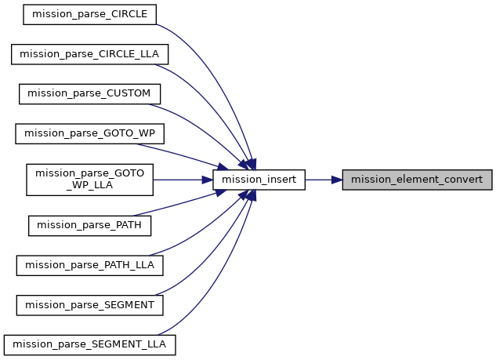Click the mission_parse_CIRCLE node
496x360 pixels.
pos(91,14)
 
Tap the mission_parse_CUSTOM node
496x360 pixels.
pos(90,94)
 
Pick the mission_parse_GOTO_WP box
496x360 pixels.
pos(89,133)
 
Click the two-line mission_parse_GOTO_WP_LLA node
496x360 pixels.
pos(90,179)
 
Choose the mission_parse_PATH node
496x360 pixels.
pos(89,225)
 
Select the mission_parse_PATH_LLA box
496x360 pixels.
pos(90,265)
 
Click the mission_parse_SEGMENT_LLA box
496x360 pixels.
pos(90,344)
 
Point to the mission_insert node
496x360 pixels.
pos(259,180)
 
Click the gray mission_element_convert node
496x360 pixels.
pos(422,180)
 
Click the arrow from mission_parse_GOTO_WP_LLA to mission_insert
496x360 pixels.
pos(183,180)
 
